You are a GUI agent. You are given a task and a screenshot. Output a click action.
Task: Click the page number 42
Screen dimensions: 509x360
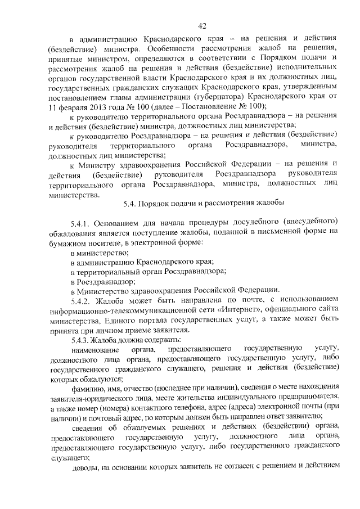(203, 25)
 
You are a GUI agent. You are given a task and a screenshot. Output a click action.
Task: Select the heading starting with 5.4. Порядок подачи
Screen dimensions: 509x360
(204, 202)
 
